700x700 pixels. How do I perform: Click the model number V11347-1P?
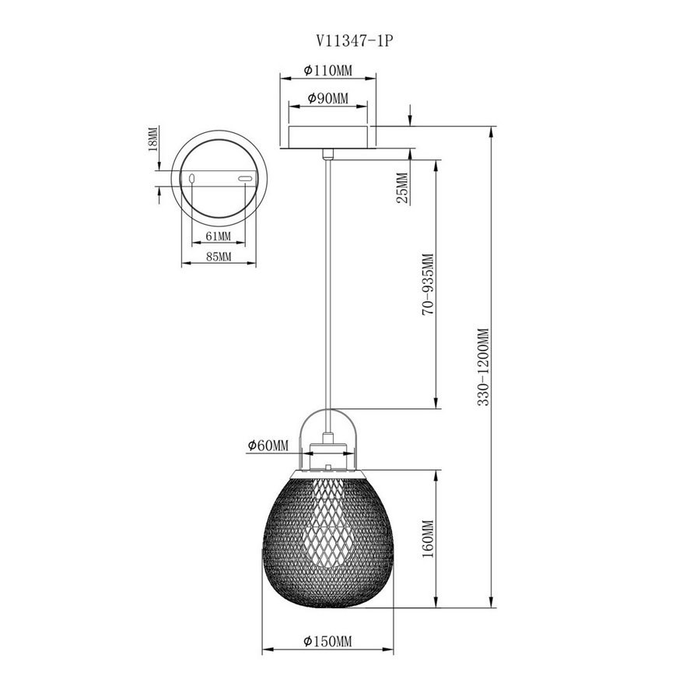point(355,41)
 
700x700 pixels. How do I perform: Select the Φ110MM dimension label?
point(327,70)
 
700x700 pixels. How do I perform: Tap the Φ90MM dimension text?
point(328,98)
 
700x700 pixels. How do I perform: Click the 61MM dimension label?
point(219,236)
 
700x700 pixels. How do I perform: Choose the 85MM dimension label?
point(219,257)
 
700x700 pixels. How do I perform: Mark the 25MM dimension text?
point(402,188)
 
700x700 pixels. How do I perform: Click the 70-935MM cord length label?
point(428,285)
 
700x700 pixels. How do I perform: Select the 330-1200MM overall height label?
point(484,367)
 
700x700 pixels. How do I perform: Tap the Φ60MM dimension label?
point(268,445)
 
